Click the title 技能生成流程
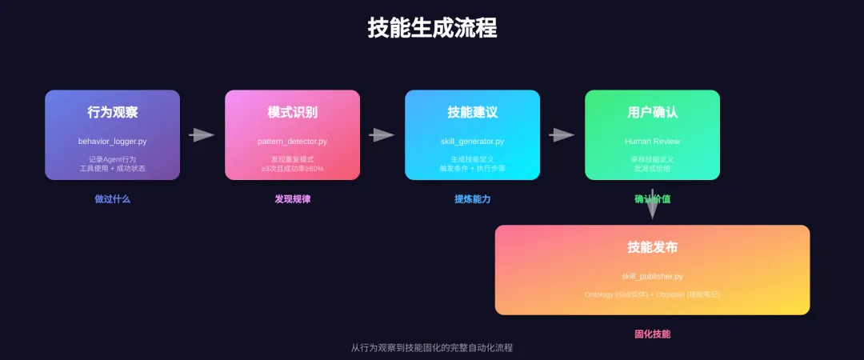pos(432,29)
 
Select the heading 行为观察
pos(112,112)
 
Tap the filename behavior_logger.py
pos(112,142)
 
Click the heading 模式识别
pos(292,112)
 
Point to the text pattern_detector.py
pos(292,142)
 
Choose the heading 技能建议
pos(472,112)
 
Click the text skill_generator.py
pos(472,142)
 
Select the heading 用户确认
pos(652,112)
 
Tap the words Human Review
pos(652,142)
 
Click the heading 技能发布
pos(652,247)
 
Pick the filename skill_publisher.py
pos(652,277)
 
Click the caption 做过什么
pos(112,199)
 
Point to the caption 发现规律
pos(292,199)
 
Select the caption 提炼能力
pos(472,199)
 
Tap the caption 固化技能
pos(652,334)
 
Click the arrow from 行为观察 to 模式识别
pos(202,135)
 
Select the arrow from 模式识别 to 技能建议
pos(382,135)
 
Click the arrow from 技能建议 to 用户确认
pos(562,135)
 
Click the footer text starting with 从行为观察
pos(432,348)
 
